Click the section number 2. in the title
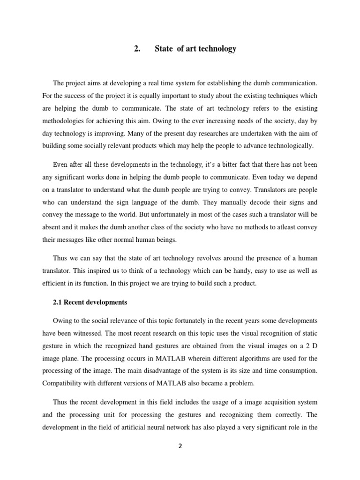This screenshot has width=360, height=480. pyautogui.click(x=137, y=49)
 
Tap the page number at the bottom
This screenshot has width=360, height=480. pyautogui.click(x=180, y=446)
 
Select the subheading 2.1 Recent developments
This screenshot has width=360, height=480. pyautogui.click(x=90, y=302)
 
